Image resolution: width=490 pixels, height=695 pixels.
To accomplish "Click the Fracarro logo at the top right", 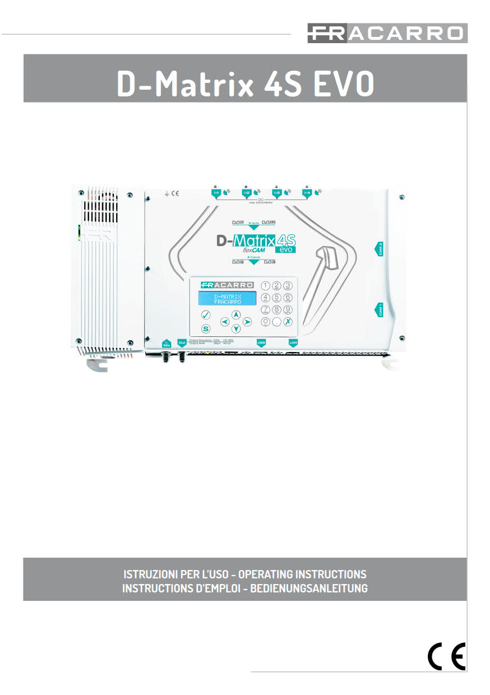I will [387, 34].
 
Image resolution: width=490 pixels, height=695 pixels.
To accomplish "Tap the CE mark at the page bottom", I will [446, 656].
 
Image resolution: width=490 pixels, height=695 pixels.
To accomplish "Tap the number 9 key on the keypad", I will [288, 309].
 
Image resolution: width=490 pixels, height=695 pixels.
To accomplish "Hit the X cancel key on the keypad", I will [288, 322].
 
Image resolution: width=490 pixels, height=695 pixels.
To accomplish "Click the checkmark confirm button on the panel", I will [205, 315].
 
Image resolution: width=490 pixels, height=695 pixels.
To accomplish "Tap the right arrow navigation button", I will [248, 322].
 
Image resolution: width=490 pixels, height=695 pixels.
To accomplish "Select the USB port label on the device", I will [261, 341].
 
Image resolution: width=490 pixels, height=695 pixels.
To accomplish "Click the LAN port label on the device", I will [292, 341].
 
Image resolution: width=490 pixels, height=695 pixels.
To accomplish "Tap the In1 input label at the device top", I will [216, 192].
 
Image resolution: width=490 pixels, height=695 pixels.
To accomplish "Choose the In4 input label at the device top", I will [307, 192].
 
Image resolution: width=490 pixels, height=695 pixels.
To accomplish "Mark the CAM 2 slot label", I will [380, 248].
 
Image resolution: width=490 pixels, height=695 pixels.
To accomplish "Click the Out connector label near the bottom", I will [181, 341].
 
